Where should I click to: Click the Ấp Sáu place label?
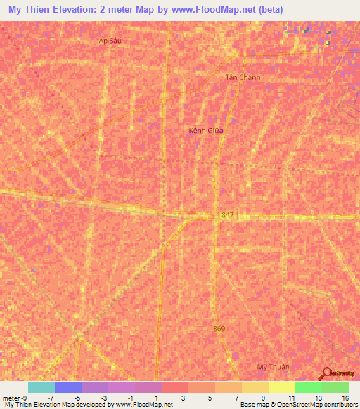[110, 41]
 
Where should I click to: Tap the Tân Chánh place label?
[243, 77]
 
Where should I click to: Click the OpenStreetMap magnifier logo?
[326, 373]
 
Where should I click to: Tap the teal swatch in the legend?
[41, 387]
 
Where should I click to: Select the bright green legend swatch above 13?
[308, 387]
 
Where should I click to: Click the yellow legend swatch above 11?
[281, 387]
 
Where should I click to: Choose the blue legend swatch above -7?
[67, 387]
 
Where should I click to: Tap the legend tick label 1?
[157, 398]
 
